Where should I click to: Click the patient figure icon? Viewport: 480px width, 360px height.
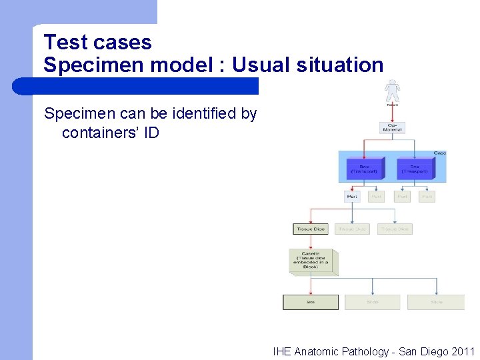coord(392,91)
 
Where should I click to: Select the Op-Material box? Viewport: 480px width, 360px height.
coord(392,127)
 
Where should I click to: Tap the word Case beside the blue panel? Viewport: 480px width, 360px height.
coord(440,153)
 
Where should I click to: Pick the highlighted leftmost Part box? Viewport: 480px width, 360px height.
coord(353,197)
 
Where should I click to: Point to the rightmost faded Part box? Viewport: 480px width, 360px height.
coord(427,197)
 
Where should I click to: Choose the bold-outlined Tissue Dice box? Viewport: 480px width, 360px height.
coord(311,229)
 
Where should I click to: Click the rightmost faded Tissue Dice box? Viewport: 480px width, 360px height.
coord(395,229)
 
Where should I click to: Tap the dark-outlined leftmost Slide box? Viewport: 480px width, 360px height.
coord(311,302)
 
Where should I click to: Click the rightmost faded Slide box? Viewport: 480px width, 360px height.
coord(436,302)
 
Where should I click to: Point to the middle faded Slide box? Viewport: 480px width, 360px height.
coord(373,302)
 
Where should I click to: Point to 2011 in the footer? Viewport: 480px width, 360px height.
coord(463,351)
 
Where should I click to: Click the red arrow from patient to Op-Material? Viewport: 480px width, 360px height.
coord(392,113)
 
